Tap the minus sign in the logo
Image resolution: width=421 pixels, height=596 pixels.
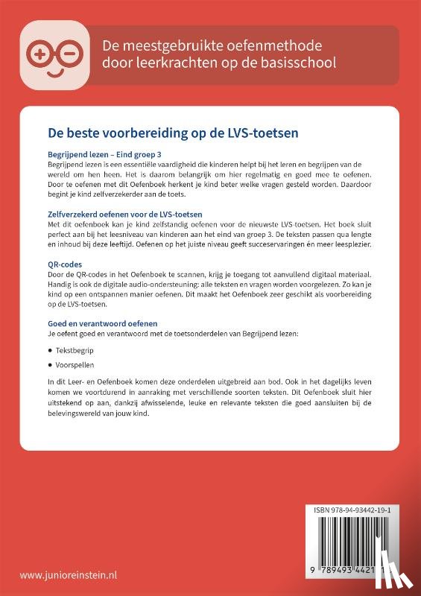click(63, 52)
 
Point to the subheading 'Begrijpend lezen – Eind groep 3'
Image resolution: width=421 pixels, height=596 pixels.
click(101, 154)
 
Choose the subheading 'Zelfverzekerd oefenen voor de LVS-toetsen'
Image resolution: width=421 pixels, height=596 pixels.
click(123, 215)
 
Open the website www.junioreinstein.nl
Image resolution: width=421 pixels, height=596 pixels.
click(69, 575)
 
